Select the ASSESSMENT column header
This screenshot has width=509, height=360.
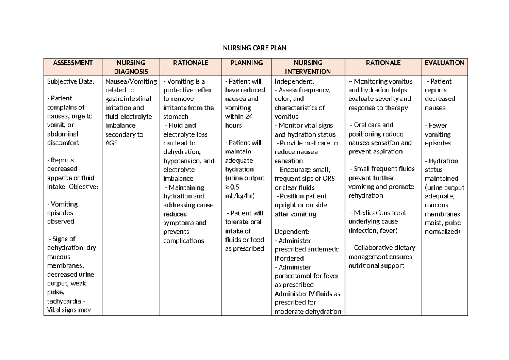73,63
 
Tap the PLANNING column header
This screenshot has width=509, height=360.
246,63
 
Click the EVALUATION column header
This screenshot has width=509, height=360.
445,63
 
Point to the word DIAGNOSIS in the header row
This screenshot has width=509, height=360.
131,72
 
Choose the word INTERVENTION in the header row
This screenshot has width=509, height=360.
308,72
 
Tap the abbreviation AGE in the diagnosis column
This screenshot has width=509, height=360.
111,143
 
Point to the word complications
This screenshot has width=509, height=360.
184,240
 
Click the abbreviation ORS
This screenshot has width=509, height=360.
328,179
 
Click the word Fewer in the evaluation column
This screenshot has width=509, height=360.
438,125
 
